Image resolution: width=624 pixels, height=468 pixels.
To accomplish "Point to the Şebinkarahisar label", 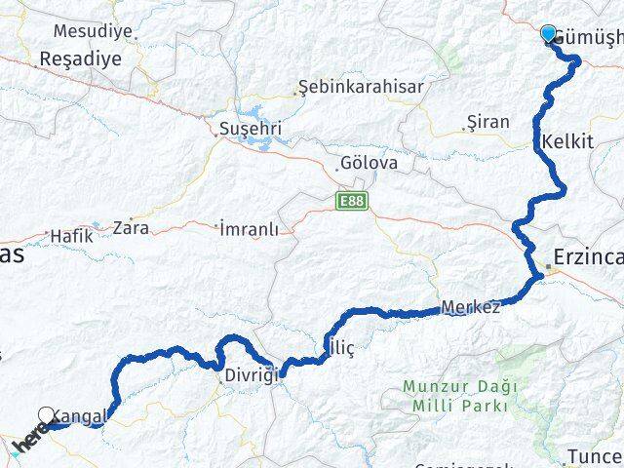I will coord(362,88).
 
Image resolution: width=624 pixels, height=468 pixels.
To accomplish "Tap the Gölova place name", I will coord(369,164).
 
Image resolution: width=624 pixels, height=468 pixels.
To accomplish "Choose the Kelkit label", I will coord(570,142).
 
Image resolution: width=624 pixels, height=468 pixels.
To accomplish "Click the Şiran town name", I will coord(488,123).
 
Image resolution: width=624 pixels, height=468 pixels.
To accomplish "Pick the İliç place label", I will coord(337,347).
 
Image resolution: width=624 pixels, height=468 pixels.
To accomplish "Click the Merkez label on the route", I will coord(471,307).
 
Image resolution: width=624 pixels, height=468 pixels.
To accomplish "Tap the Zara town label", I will coord(131,228).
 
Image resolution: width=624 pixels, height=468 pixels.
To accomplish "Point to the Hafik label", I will coord(70,235).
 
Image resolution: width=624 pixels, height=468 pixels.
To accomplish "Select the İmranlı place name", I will coord(250,229).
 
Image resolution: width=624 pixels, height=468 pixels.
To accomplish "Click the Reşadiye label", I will coord(80,59).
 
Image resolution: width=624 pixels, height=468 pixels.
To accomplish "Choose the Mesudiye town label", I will coord(92,31).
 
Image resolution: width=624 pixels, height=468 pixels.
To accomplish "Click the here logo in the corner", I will coord(30,440).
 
